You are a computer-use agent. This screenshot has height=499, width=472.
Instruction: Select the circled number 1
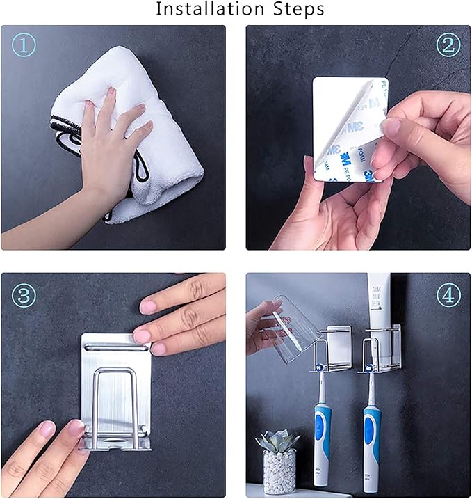coord(24,45)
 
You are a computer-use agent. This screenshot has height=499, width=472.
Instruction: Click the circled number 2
coord(448,45)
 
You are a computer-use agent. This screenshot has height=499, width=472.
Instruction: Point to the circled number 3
coord(24,294)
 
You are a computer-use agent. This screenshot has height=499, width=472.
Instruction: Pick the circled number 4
coord(448,294)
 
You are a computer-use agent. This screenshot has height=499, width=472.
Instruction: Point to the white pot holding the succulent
coord(279,473)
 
